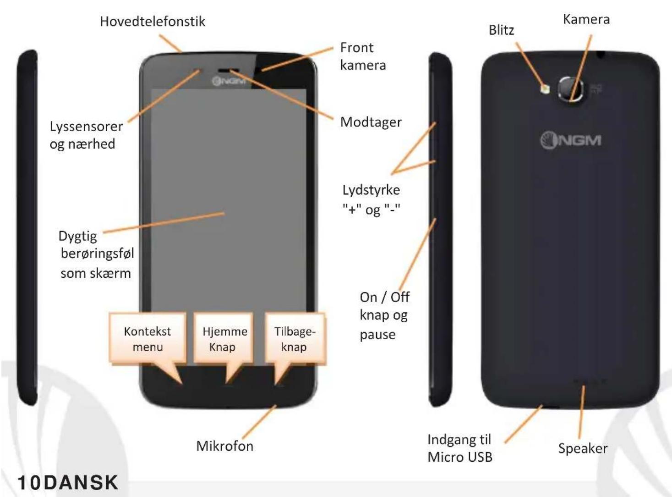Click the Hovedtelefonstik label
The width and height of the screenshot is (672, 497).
[153, 22]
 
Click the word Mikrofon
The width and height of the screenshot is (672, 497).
[225, 446]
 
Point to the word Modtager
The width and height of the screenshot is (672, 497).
[371, 122]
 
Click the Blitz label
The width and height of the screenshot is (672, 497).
[502, 30]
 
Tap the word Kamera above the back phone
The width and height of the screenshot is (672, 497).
[586, 19]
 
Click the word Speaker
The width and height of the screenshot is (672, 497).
[583, 448]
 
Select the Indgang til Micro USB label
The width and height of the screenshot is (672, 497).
[460, 448]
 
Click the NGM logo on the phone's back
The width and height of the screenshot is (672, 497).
[570, 140]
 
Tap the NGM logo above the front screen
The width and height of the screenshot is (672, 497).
[229, 81]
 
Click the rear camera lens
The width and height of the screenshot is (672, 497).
[571, 89]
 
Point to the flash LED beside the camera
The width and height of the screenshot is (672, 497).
[545, 89]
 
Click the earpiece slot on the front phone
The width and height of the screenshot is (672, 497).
[225, 71]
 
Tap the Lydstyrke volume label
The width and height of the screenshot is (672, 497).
[371, 199]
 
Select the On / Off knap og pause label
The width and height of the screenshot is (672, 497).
[384, 315]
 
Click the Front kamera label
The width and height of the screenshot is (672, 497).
[363, 56]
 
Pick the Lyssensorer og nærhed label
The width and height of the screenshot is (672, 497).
[87, 135]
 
